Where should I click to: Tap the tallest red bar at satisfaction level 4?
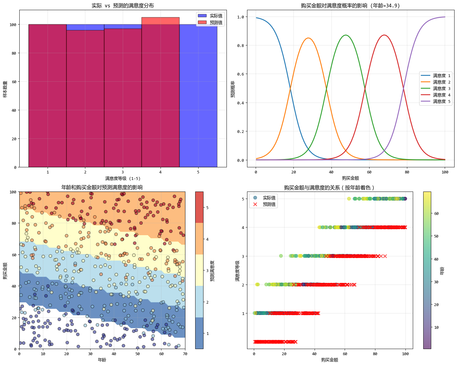tap(160, 92)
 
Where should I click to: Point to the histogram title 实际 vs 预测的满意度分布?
tap(123, 6)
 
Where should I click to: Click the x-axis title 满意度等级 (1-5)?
tap(123, 178)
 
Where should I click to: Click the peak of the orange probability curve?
tap(308, 38)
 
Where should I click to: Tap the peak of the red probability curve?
tap(384, 35)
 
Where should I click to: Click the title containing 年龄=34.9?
tap(350, 6)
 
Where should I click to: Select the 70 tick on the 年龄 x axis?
tap(185, 354)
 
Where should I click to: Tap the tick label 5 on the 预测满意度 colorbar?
tap(207, 208)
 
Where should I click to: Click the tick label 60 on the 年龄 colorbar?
tap(436, 213)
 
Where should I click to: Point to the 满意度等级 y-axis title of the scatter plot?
tap(237, 271)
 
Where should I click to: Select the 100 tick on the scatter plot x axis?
tap(405, 354)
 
